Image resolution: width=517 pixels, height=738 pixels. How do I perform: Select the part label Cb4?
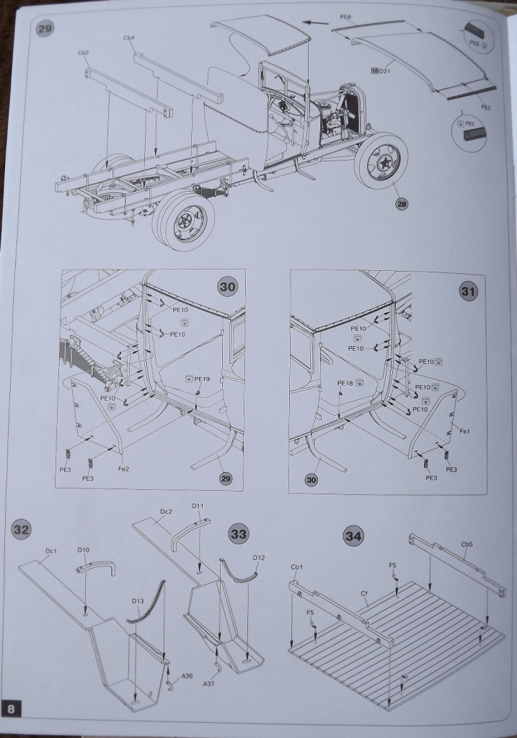(130, 37)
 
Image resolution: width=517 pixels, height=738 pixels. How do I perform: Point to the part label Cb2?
(83, 53)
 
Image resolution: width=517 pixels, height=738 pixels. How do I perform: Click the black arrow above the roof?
(315, 22)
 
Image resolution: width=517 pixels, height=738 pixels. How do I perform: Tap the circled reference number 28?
(402, 204)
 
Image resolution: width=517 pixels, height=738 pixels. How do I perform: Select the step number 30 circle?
(226, 286)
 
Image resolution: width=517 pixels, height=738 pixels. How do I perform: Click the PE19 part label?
(201, 378)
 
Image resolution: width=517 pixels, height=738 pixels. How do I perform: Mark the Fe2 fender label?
(123, 468)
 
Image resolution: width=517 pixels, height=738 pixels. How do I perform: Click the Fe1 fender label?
(465, 431)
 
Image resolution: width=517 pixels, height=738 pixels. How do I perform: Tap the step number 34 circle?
(353, 536)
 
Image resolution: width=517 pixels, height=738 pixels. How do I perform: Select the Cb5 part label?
(467, 545)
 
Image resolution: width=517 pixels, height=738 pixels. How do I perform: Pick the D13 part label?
(138, 600)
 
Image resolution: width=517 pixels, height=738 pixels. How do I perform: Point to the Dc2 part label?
(166, 512)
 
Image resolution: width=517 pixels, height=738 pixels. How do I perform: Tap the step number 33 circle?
(237, 534)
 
